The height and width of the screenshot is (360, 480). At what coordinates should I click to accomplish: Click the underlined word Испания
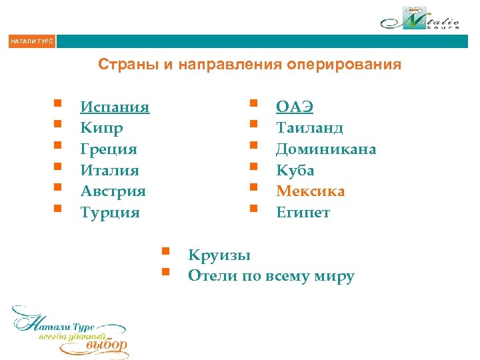[115, 107]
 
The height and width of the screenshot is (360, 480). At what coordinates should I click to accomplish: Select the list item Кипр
[101, 128]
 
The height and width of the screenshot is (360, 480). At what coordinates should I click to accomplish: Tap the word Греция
[109, 149]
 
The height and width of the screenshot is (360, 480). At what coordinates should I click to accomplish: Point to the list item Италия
[109, 171]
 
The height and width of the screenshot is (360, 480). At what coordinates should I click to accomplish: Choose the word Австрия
[113, 192]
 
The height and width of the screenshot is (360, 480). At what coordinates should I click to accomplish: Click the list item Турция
[110, 213]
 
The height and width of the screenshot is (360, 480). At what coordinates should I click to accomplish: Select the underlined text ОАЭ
[295, 107]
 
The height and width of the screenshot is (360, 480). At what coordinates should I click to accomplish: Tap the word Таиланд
[309, 128]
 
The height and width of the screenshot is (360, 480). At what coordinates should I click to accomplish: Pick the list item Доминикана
[326, 149]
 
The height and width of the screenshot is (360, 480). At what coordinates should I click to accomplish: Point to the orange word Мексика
[311, 192]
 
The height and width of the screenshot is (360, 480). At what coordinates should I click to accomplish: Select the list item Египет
[303, 213]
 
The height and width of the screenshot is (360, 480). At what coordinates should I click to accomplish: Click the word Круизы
[219, 255]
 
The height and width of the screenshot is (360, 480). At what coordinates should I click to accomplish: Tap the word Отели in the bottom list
[209, 276]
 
